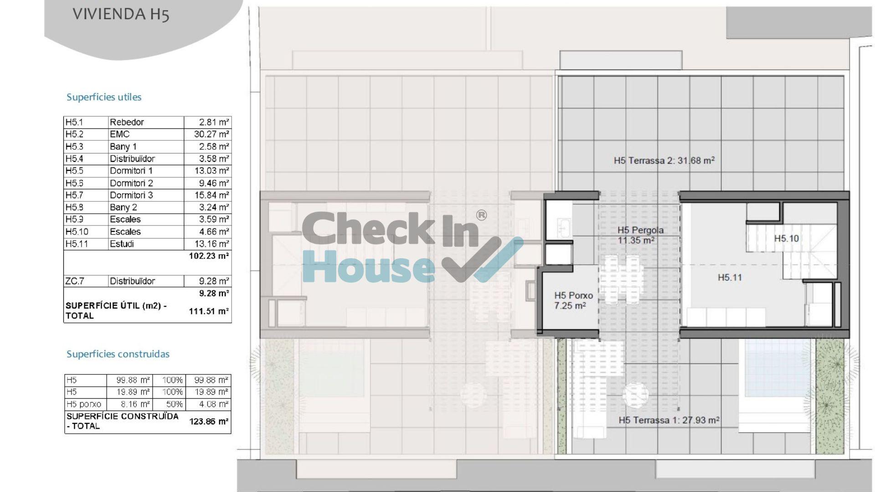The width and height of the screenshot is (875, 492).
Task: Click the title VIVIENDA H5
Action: click(x=121, y=15)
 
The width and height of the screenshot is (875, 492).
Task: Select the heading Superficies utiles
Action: click(x=104, y=97)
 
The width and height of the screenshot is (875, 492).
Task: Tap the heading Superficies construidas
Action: click(x=118, y=354)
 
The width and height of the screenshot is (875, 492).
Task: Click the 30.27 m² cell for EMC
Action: click(x=208, y=134)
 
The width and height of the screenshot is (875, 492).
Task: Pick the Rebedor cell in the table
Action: click(x=127, y=122)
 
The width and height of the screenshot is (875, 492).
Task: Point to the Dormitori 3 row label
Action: click(x=131, y=195)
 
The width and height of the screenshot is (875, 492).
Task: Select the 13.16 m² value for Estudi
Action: click(x=208, y=244)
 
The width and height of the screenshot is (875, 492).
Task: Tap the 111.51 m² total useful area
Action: click(x=209, y=311)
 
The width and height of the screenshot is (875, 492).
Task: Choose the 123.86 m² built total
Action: click(x=209, y=421)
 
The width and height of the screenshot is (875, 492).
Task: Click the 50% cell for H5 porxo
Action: click(x=173, y=404)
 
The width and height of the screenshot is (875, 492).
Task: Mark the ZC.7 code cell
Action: click(x=75, y=281)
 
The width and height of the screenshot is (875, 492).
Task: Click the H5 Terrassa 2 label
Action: click(x=664, y=160)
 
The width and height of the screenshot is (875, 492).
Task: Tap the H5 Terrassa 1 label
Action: click(x=669, y=420)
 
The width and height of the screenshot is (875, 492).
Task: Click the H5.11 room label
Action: click(x=730, y=277)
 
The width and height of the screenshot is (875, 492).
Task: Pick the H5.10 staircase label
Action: click(x=787, y=238)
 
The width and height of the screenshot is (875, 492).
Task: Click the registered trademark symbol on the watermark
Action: click(x=481, y=215)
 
